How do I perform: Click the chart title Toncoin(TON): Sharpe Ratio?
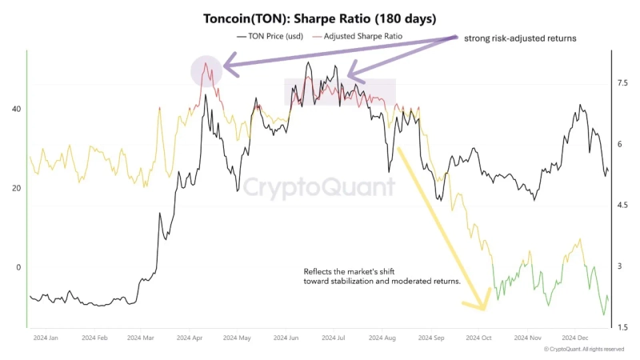point(319,18)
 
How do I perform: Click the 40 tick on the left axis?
point(15,110)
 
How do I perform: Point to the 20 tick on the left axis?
point(15,189)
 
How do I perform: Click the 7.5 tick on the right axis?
point(622,83)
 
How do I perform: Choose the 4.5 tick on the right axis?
point(622,206)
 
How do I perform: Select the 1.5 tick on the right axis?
point(622,327)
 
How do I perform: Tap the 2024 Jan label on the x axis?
point(46,339)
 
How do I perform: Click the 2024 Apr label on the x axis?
point(190,339)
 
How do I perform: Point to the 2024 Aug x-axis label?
point(383,339)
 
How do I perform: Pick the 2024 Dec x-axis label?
point(574,339)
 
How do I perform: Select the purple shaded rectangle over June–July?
point(341,93)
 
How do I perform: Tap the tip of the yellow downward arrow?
point(484,308)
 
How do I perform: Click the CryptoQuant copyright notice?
point(583,350)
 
